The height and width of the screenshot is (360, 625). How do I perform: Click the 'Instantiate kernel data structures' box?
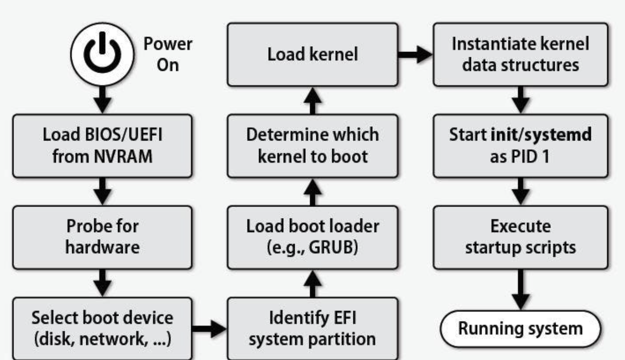tap(520, 54)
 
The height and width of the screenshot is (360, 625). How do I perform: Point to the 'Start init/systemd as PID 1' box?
tap(520, 145)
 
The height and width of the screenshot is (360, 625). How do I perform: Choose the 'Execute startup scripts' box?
tap(520, 237)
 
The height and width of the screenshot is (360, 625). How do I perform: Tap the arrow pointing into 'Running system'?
tap(520, 289)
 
